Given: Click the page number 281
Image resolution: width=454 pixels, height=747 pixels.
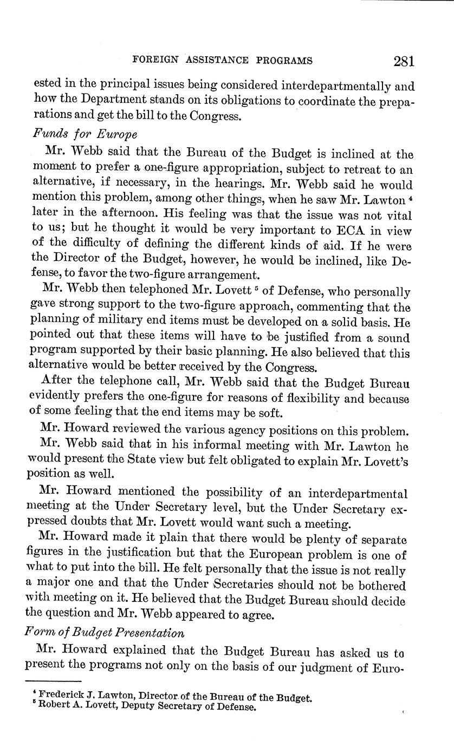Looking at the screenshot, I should [404, 61].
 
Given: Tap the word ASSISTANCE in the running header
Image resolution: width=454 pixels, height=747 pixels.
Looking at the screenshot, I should [217, 61].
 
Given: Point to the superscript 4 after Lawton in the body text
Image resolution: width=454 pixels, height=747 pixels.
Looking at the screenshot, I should [410, 198].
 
